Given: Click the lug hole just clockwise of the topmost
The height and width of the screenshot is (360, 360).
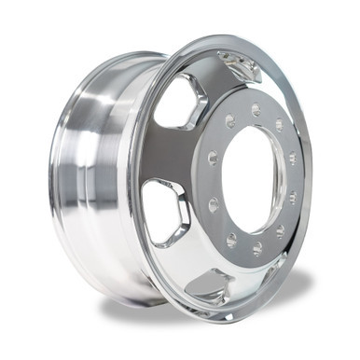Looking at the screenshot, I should [279, 124].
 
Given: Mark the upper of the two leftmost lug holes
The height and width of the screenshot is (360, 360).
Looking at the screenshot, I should [213, 159].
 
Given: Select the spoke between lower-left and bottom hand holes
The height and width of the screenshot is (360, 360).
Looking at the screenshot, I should [182, 256].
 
